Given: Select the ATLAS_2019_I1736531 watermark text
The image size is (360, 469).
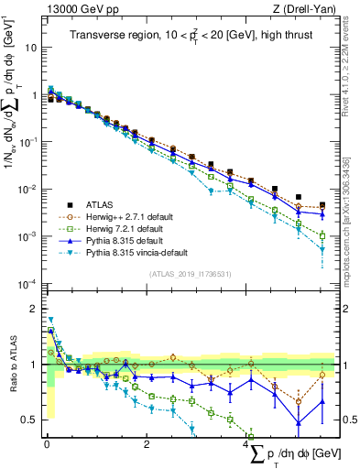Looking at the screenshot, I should pos(189,274).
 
